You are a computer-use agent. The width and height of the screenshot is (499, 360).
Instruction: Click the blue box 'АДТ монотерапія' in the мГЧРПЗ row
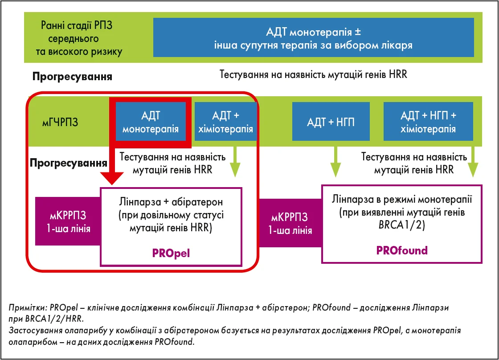click(x=151, y=123)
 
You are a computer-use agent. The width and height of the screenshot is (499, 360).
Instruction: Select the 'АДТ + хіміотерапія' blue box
click(x=226, y=123)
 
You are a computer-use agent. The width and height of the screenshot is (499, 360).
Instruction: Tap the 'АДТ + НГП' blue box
click(x=331, y=122)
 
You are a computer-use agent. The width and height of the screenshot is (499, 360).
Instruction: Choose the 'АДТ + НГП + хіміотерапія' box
click(x=428, y=122)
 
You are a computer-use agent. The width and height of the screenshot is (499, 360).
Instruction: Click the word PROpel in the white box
click(x=171, y=254)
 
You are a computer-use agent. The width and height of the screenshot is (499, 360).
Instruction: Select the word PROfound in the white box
click(x=401, y=250)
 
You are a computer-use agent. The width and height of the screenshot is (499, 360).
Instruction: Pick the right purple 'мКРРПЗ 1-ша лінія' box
click(x=289, y=224)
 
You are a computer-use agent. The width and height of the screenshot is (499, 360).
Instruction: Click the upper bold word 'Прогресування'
click(x=72, y=76)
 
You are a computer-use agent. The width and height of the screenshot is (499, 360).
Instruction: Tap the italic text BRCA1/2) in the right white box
click(x=401, y=226)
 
